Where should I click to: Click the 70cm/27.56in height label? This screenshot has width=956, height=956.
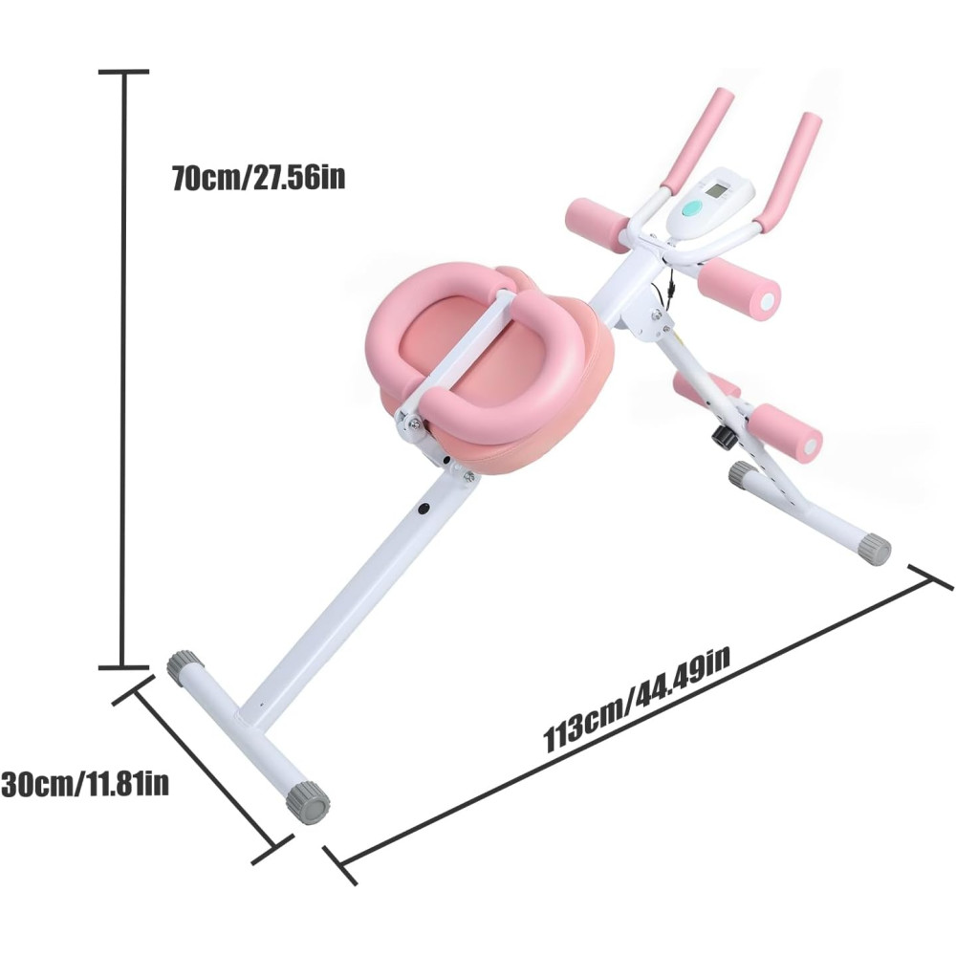click(x=258, y=178)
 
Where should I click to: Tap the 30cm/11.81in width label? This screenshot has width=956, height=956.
click(x=85, y=784)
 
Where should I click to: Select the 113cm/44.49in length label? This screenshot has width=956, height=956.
click(x=636, y=700)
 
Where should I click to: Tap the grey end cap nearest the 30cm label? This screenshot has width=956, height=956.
click(x=308, y=801)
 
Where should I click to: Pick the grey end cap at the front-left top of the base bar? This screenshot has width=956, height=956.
click(x=185, y=668)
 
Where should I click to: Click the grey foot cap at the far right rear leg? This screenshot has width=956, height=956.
click(x=875, y=549)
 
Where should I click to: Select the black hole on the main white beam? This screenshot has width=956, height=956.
click(x=424, y=508)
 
